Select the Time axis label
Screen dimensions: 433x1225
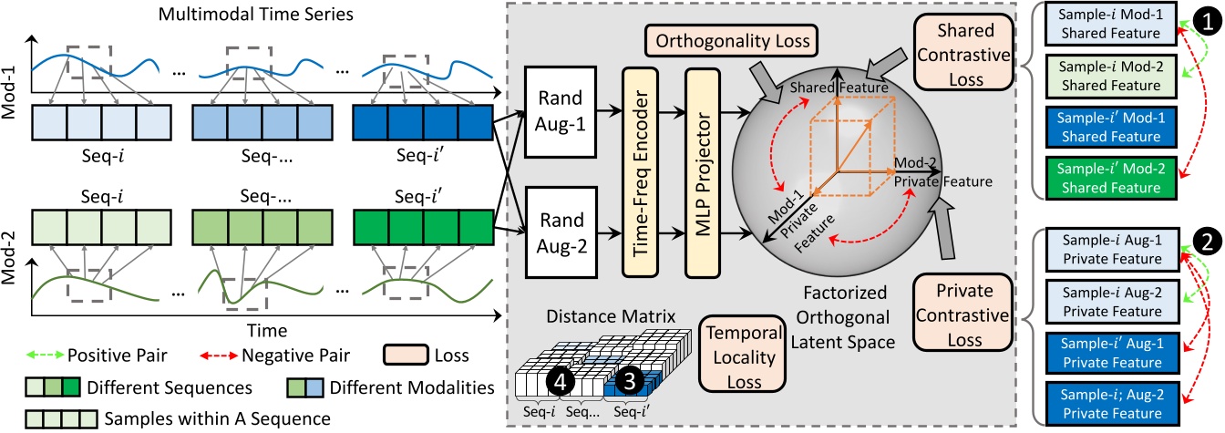coord(269,329)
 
